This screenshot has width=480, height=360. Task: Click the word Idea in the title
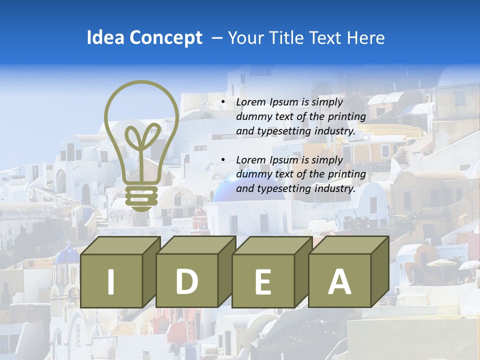[x=105, y=38]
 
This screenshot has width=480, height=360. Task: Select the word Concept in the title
[x=165, y=38]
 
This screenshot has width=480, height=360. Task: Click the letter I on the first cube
[x=111, y=281]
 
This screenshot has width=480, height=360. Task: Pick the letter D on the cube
[x=186, y=281]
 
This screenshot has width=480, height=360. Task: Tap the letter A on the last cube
[x=339, y=281]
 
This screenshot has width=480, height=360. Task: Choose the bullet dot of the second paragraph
[x=223, y=160]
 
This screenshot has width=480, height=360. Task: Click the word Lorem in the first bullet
[x=251, y=102]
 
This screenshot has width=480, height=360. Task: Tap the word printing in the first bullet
[x=347, y=116]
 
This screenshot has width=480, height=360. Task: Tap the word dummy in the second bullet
[x=253, y=174]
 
